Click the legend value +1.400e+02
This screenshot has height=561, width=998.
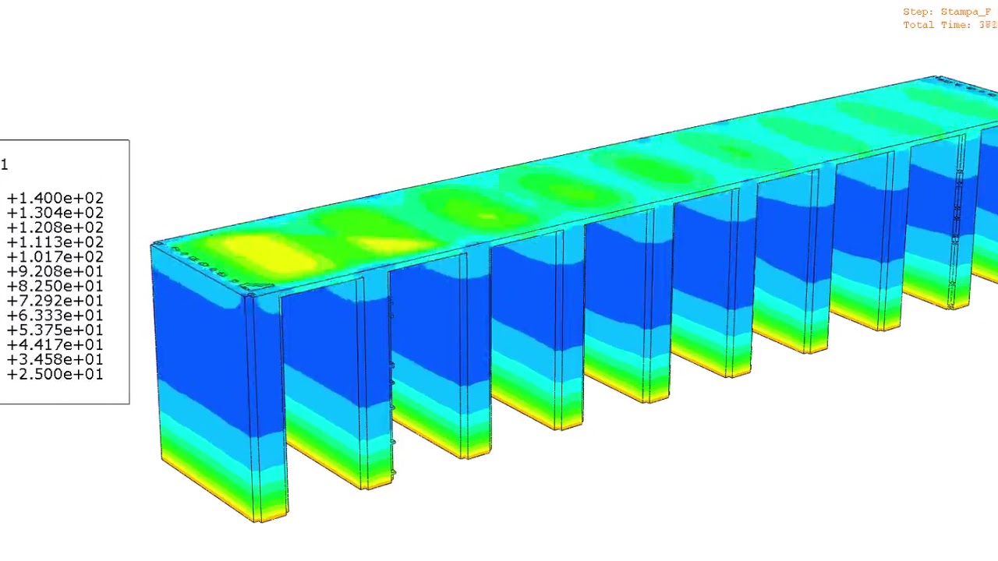55,199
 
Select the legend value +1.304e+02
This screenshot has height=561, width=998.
55,213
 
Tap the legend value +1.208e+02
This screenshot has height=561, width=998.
55,228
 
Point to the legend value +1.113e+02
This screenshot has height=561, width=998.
55,242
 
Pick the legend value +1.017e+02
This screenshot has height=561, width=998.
55,257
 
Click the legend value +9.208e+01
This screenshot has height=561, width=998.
55,272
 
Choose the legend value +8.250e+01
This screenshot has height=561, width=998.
55,287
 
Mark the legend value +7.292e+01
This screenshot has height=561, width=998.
55,301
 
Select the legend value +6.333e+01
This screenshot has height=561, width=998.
55,316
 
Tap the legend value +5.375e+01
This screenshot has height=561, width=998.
55,330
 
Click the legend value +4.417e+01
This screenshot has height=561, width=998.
55,345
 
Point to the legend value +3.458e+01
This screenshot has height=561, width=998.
55,360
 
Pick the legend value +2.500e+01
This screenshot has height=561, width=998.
55,375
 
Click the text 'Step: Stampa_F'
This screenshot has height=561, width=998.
947,12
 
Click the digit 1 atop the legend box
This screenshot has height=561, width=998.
5,164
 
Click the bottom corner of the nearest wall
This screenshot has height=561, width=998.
261,520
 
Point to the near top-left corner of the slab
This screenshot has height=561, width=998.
151,246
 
